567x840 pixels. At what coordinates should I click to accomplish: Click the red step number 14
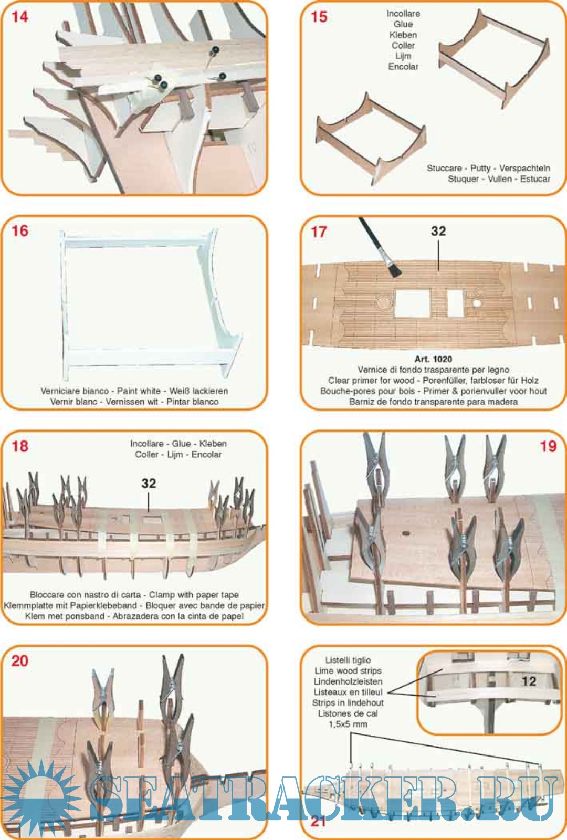(20, 17)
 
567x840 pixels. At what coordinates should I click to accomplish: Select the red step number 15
(319, 17)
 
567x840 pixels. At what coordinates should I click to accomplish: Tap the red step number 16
(20, 230)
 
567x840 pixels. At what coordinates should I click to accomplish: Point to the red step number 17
(319, 232)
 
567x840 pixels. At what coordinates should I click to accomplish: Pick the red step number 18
(20, 446)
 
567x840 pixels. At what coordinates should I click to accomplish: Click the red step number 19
(548, 446)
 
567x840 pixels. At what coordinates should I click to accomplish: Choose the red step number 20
(20, 661)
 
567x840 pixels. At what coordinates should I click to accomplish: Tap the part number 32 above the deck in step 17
(438, 231)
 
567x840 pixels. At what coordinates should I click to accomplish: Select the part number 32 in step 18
(149, 484)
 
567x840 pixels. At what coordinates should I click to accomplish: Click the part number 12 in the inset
(529, 681)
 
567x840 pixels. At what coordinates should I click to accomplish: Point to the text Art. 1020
(433, 359)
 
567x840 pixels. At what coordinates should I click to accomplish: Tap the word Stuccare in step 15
(444, 168)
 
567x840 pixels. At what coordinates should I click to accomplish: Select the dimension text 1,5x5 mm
(348, 724)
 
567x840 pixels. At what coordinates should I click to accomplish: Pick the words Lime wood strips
(348, 671)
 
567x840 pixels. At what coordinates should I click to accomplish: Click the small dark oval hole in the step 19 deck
(405, 533)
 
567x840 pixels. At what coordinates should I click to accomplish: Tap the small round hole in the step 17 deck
(477, 302)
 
